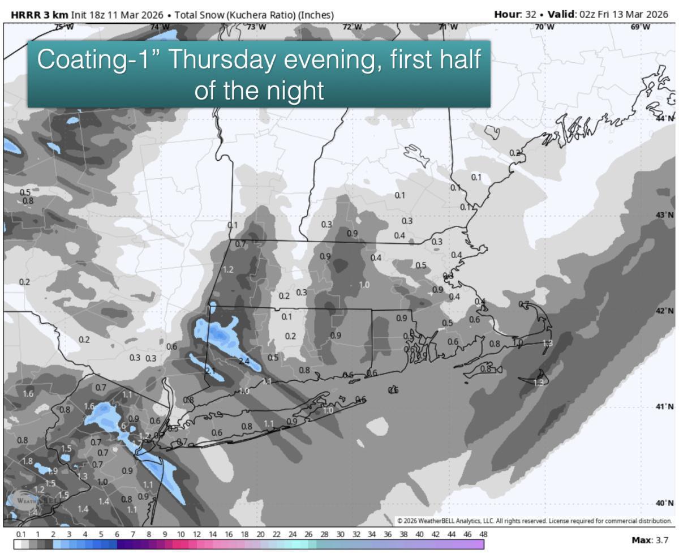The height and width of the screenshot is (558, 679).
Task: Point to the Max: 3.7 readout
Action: tap(650, 540)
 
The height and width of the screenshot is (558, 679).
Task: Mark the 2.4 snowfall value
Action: tap(244, 361)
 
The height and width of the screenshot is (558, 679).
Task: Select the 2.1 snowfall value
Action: tap(210, 371)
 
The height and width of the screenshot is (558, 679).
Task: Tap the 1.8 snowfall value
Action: tap(27, 461)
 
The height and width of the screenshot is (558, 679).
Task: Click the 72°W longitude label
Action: tap(353, 27)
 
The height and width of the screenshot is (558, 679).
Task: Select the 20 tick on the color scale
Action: tap(260, 534)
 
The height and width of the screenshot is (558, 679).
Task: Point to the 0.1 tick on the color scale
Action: tap(21, 534)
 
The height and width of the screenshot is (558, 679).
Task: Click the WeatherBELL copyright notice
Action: tap(534, 521)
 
